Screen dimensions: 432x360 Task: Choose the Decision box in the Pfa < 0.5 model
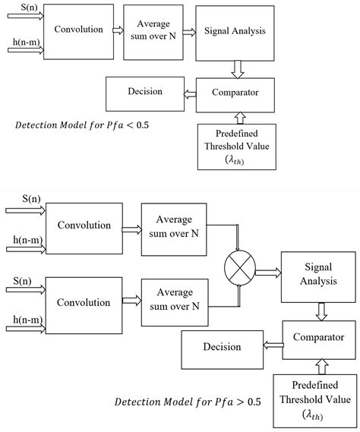coord(144,92)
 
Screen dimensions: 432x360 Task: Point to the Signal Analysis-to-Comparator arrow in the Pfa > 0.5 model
coord(321,311)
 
